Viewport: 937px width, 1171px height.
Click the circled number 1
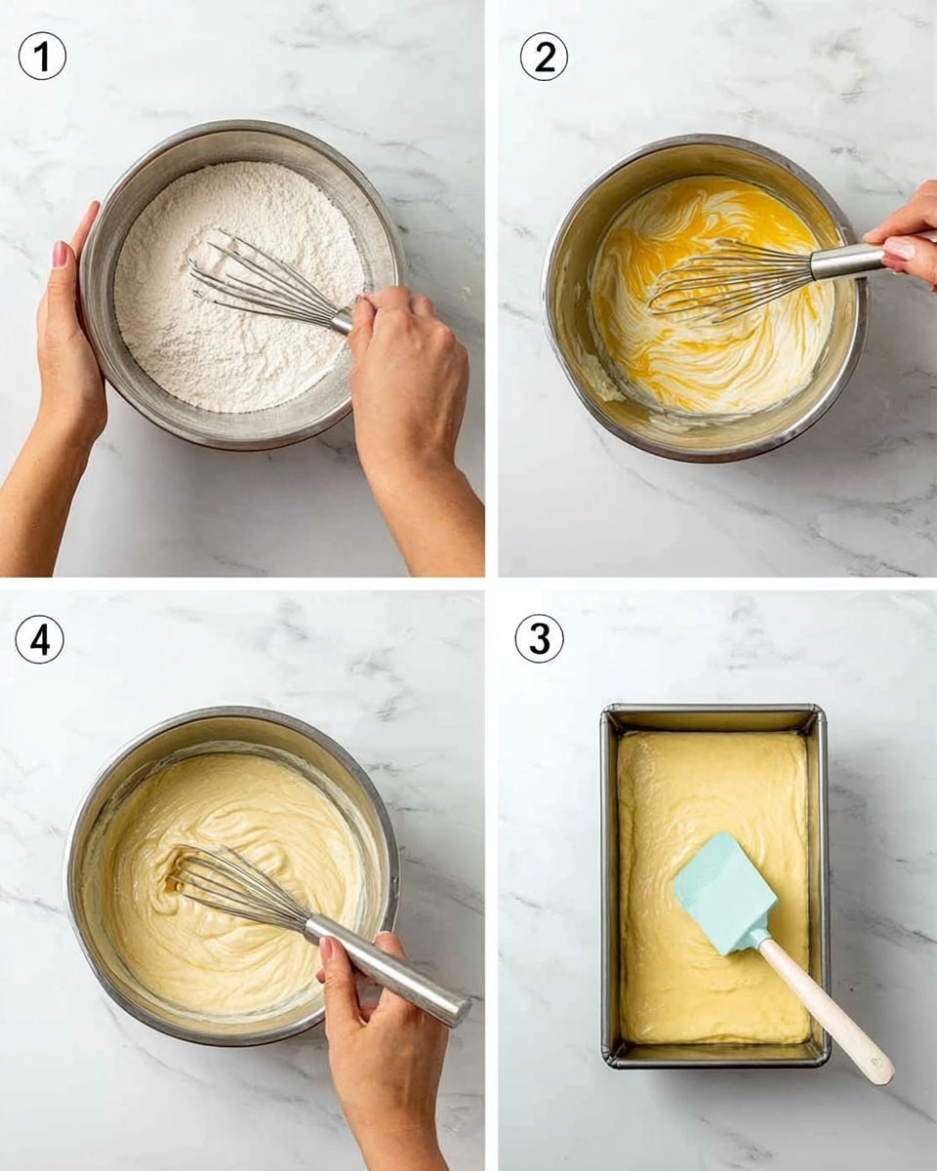pos(42,58)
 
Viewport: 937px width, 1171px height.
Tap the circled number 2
pos(544,58)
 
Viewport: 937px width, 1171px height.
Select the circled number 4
pos(40,640)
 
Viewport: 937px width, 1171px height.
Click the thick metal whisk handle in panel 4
pos(390,971)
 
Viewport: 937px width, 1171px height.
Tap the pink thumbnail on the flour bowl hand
pos(61,255)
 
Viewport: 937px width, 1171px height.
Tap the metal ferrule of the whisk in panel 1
pos(342,320)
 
